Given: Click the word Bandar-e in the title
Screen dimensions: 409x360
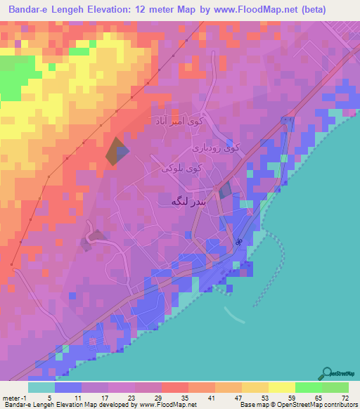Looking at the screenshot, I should pyautogui.click(x=37, y=10).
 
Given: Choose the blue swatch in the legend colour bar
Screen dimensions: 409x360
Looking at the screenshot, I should pyautogui.click(x=68, y=387).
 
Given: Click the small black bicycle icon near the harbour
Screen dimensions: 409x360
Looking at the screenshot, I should pyautogui.click(x=239, y=242).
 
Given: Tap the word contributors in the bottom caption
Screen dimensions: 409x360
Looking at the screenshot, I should pyautogui.click(x=340, y=405).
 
